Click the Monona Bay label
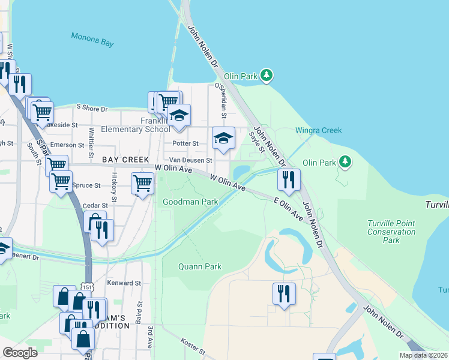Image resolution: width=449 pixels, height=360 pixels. [92, 37]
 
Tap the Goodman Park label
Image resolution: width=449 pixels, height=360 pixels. [190, 202]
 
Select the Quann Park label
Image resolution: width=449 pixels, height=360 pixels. [200, 267]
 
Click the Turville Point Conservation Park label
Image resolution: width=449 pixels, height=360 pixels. [391, 232]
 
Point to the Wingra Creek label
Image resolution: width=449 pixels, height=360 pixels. [318, 130]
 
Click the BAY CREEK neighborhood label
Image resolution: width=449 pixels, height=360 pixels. [125, 160]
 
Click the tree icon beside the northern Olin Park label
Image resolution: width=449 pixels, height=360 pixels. [267, 76]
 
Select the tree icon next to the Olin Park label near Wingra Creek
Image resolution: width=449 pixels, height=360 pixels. [345, 162]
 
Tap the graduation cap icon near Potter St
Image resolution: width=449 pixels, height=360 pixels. [223, 138]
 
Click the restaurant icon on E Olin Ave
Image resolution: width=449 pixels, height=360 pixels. [289, 179]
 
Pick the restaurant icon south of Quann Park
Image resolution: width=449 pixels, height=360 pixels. [284, 293]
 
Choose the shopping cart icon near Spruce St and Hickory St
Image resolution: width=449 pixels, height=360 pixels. [142, 183]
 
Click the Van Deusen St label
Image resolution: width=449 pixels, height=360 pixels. [190, 160]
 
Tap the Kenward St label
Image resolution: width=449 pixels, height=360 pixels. [124, 283]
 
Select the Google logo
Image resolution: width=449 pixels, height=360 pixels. [20, 353]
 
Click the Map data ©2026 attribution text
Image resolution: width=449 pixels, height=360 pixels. [423, 355]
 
